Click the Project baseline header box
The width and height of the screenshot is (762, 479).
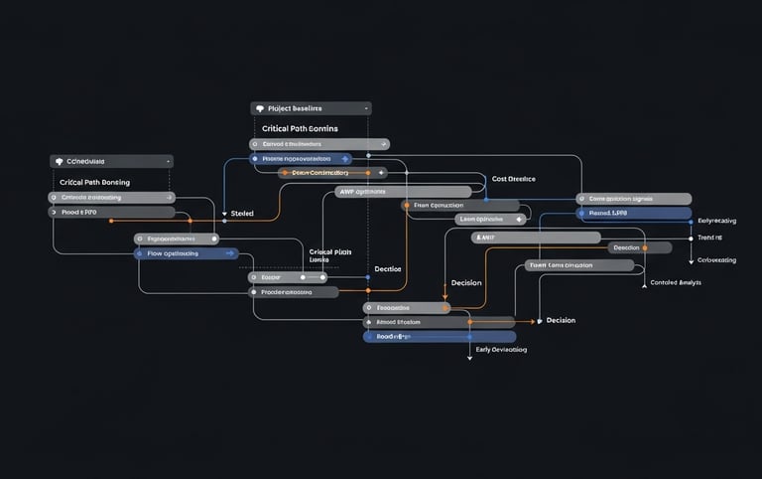(311, 108)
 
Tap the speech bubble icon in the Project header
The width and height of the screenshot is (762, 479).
(260, 108)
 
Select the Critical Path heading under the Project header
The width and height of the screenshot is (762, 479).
(300, 129)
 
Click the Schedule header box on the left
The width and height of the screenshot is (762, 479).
(111, 161)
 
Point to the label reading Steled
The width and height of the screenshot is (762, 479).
(241, 214)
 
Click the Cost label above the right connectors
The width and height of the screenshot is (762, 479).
(513, 179)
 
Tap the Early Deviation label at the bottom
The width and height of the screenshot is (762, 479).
(501, 350)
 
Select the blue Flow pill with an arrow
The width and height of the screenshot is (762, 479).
(186, 253)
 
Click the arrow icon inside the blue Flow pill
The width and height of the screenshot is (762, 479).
(230, 253)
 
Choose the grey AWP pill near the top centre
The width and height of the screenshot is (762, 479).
(402, 192)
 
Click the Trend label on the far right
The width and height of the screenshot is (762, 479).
(709, 238)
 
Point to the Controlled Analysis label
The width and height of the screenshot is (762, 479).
(676, 283)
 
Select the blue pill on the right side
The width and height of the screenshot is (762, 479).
(634, 213)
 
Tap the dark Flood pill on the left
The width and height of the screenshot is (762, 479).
(111, 212)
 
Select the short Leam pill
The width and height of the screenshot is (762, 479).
(489, 219)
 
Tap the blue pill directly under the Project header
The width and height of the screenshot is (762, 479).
(300, 158)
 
